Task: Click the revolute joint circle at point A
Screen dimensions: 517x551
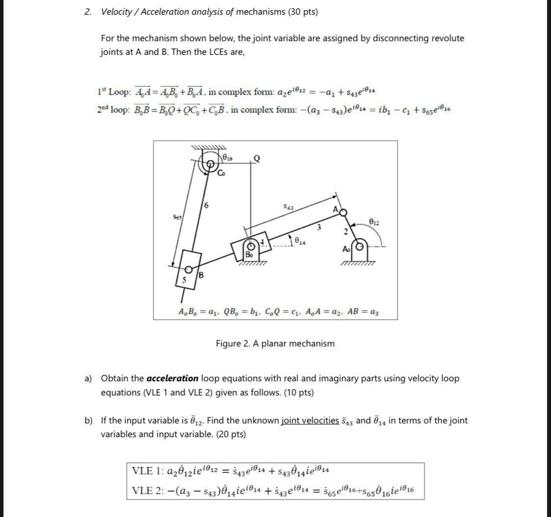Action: coord(343,212)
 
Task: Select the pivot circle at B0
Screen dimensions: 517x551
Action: coord(253,244)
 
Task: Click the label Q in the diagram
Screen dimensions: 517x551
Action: coord(256,158)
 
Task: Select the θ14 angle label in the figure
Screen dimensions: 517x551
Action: coord(298,240)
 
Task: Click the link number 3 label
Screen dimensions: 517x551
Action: coord(318,227)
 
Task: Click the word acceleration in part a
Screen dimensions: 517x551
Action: coord(172,378)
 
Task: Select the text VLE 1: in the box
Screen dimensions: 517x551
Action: coord(146,471)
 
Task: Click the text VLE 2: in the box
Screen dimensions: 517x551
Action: coord(146,490)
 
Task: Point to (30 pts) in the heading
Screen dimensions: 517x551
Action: coord(301,12)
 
